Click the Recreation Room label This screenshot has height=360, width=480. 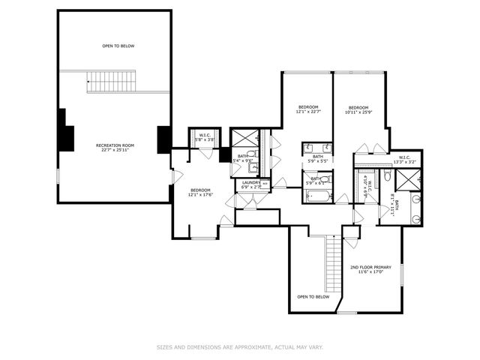114,147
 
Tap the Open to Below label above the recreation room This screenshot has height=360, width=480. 118,46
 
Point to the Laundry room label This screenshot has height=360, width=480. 250,184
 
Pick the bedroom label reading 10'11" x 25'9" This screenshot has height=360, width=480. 358,109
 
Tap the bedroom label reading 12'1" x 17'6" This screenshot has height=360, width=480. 201,192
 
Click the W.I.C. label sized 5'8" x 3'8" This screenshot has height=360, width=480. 205,137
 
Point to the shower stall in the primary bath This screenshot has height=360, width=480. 409,178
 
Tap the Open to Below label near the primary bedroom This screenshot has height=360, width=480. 313,297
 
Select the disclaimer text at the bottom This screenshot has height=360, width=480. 239,347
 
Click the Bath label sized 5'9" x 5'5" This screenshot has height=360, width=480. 317,158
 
